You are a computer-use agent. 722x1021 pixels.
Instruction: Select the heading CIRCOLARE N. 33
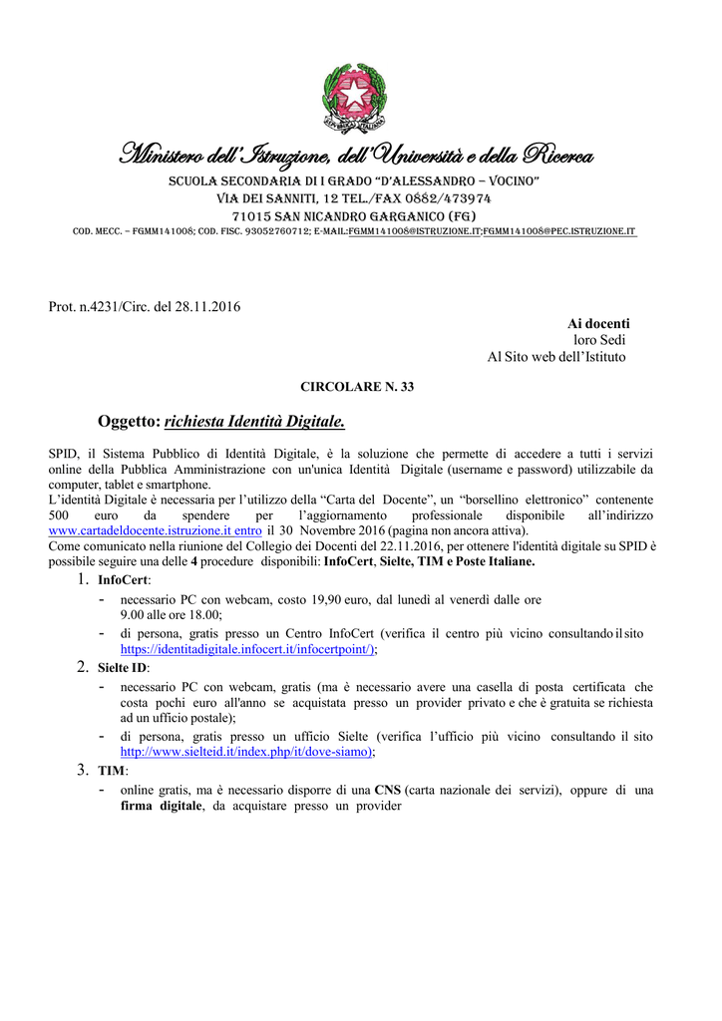click(x=357, y=387)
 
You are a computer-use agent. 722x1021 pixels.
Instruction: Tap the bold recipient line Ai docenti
click(x=598, y=323)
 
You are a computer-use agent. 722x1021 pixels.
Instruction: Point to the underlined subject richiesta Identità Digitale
click(x=254, y=423)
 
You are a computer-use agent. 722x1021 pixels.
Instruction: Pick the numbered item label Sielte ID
click(x=122, y=667)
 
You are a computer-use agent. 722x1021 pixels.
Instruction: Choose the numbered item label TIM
click(x=112, y=771)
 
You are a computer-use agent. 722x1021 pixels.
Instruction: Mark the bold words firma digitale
click(x=161, y=806)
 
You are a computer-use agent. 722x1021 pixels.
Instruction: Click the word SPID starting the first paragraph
click(x=64, y=453)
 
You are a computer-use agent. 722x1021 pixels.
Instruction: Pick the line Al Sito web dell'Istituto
click(x=556, y=357)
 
